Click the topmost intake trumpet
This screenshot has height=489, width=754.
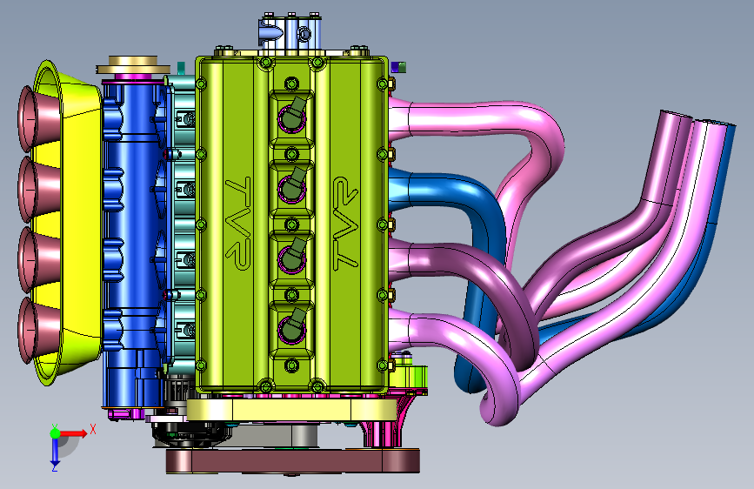(x=39, y=118)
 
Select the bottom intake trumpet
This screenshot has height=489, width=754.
(x=39, y=331)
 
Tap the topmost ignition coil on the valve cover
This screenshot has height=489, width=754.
(x=292, y=115)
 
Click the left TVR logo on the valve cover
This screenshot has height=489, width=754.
(x=238, y=223)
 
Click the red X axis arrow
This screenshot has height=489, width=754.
(x=73, y=433)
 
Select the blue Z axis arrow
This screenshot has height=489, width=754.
(x=55, y=451)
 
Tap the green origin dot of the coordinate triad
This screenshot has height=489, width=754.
(x=55, y=433)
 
